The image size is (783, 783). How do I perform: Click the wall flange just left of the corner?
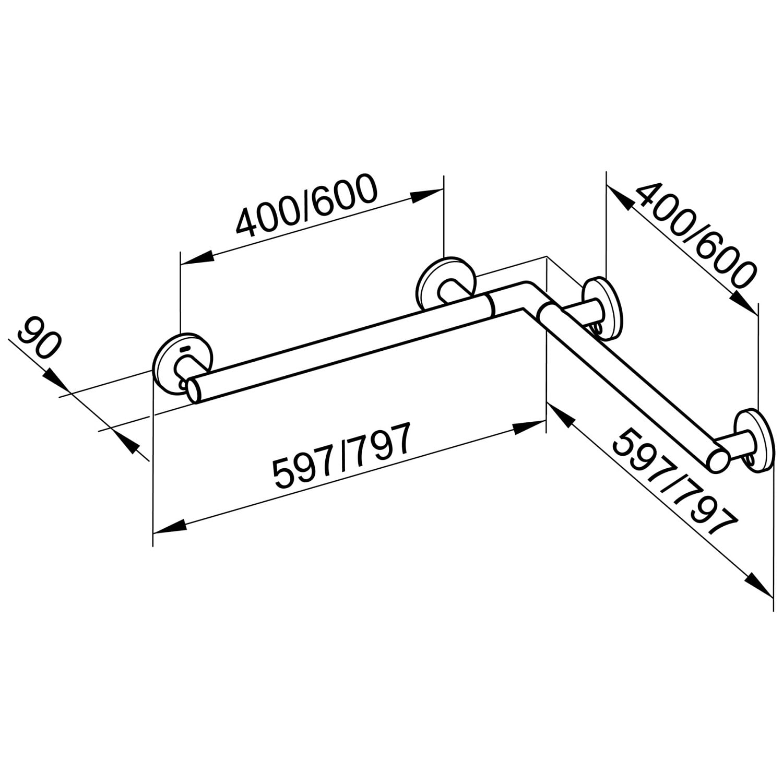tap(445, 284)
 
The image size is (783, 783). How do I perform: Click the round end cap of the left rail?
tap(195, 390)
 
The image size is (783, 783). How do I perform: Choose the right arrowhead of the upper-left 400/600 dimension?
tap(426, 194)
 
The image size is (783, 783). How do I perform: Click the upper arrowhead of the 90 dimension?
tap(56, 378)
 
